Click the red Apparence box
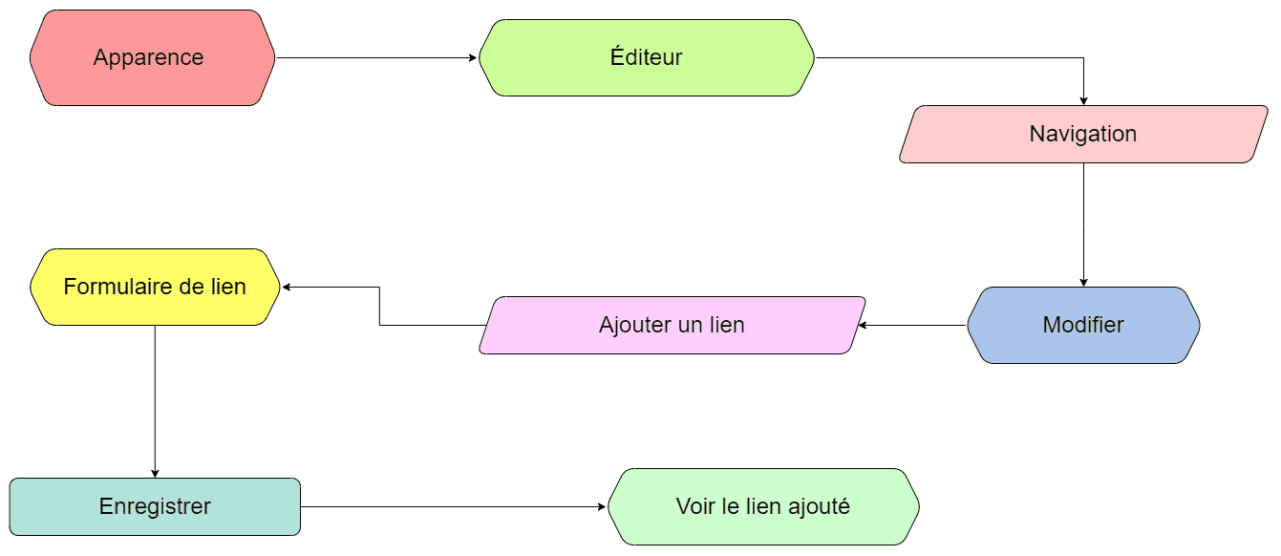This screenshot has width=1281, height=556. [152, 57]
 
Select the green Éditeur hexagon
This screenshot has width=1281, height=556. [646, 57]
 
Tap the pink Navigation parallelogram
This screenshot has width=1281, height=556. [1083, 135]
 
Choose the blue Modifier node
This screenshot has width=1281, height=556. [1083, 326]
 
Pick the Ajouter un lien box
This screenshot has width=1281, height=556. [672, 326]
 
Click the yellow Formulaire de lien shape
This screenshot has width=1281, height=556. [155, 288]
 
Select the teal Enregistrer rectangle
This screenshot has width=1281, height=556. [155, 507]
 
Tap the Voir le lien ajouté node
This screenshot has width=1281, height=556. [763, 507]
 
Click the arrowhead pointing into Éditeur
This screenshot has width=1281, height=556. [474, 57]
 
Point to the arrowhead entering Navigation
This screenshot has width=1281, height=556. [1083, 101]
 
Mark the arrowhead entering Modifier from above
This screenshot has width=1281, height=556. [1083, 283]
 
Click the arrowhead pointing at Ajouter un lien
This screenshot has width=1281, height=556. [863, 326]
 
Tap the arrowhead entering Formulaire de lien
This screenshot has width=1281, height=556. [287, 288]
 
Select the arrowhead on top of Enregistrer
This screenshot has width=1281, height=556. [155, 474]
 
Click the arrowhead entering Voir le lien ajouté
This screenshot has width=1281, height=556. [602, 507]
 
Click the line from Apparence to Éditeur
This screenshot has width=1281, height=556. [376, 57]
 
